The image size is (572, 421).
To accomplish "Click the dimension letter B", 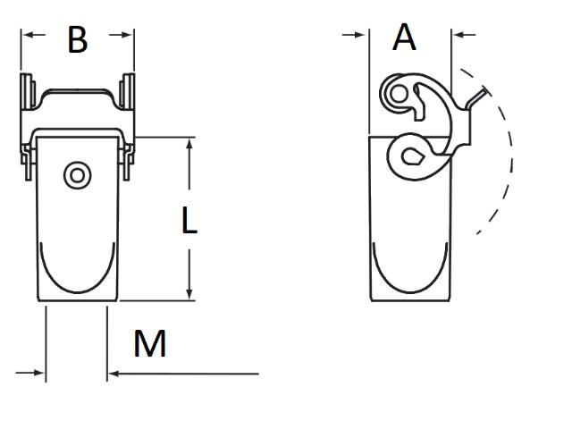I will tap(78, 39).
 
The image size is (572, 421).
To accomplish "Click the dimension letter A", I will tap(405, 38).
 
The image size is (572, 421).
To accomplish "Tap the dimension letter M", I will tap(150, 343).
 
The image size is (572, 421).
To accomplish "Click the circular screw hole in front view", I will tap(76, 175).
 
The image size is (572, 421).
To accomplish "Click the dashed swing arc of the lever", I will tap(509, 161).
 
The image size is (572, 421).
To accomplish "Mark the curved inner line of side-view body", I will tap(408, 290).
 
